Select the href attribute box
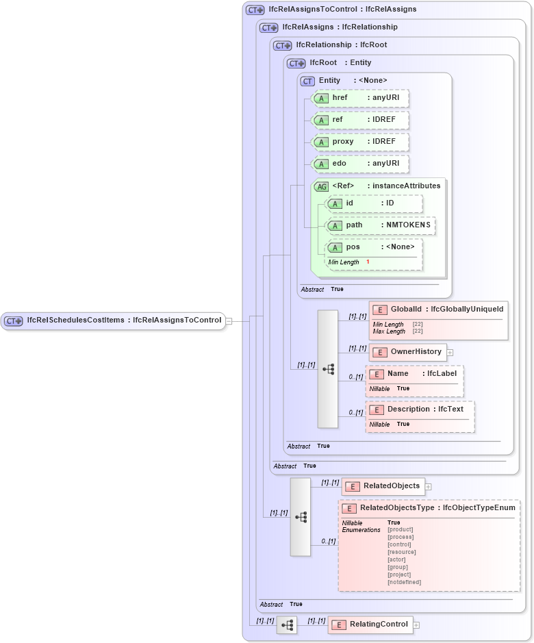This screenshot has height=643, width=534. click(360, 98)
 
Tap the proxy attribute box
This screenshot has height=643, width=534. click(360, 142)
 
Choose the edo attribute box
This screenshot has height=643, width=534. click(360, 164)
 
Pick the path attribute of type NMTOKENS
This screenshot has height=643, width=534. click(380, 225)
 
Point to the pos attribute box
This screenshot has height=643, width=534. click(374, 247)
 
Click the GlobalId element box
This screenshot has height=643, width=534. click(438, 310)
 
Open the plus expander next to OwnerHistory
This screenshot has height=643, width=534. click(450, 353)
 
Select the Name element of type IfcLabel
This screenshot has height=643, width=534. click(414, 374)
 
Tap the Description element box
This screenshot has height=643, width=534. click(420, 409)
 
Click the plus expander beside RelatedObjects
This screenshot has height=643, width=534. click(429, 487)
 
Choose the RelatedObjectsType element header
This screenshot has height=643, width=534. click(429, 508)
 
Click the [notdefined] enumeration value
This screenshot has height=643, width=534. click(404, 582)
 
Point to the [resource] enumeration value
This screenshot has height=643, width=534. click(401, 552)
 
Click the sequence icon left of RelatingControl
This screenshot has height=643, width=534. click(287, 625)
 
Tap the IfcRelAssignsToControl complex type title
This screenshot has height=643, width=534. click(333, 10)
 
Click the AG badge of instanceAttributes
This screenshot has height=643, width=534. click(321, 186)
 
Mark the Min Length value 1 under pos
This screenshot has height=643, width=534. click(368, 262)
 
